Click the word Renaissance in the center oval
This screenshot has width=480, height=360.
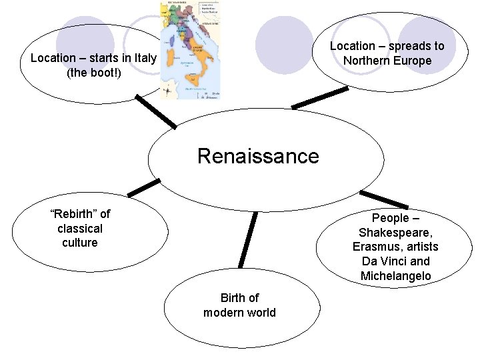click(258, 156)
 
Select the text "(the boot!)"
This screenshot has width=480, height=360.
click(93, 72)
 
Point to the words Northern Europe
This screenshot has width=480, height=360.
click(387, 61)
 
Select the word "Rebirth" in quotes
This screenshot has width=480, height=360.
click(75, 214)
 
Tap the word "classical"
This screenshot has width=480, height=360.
click(80, 228)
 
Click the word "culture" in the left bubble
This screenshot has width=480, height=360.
click(80, 243)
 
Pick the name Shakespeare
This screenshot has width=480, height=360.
click(395, 233)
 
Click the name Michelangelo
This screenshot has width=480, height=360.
click(395, 276)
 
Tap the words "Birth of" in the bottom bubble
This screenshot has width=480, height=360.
click(239, 298)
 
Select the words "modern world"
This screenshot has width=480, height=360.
click(239, 313)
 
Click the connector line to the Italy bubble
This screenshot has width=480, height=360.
click(156, 111)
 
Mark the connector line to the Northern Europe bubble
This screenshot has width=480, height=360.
click(319, 98)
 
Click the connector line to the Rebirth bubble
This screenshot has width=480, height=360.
click(144, 188)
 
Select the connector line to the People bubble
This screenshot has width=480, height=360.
click(384, 199)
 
